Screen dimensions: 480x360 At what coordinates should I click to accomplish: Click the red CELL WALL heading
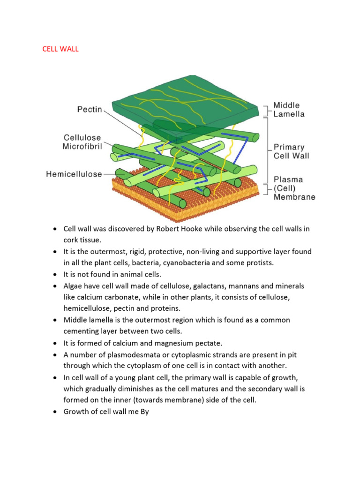tap(60, 49)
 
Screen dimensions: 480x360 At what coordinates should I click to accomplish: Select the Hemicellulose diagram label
tap(74, 174)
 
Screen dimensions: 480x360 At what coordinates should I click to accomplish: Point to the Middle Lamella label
tap(289, 110)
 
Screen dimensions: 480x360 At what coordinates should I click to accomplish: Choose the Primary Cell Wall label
tap(291, 151)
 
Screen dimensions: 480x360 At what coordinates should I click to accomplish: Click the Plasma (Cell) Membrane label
tap(294, 188)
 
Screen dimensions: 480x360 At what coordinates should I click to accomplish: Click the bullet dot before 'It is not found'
tap(55, 274)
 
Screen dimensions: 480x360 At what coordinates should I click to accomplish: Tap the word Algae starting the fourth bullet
tap(74, 285)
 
